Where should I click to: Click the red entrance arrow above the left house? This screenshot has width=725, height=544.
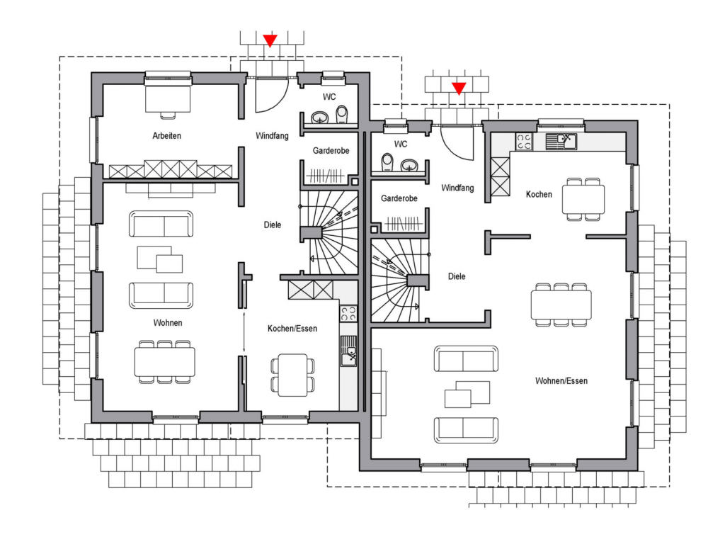click(x=270, y=40)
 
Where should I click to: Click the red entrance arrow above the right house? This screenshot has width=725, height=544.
click(x=459, y=89)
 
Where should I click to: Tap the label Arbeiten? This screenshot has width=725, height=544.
click(x=166, y=135)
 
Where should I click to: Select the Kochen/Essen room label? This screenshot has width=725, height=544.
click(x=292, y=329)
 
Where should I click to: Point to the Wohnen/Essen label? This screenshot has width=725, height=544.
click(x=561, y=380)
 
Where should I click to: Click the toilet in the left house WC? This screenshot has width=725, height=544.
click(x=342, y=114)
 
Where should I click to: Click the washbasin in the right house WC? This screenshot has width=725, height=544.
click(x=409, y=164)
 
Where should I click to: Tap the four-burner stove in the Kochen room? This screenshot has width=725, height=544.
click(x=524, y=142)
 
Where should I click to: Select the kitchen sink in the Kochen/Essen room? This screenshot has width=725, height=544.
click(x=348, y=351)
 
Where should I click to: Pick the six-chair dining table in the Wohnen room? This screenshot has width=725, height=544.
click(x=164, y=362)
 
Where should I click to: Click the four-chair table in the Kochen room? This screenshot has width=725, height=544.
click(x=583, y=199)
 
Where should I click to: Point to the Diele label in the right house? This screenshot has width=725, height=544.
click(x=457, y=276)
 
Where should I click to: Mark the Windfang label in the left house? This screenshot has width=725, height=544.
click(x=272, y=135)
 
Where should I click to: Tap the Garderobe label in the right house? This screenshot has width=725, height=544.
click(x=399, y=198)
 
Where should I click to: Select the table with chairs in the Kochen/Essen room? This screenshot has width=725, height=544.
click(x=292, y=375)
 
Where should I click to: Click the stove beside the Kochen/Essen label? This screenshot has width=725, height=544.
click(x=348, y=314)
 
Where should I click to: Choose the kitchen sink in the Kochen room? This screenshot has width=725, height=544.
click(x=561, y=142)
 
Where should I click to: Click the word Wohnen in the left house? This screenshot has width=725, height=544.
click(x=167, y=322)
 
